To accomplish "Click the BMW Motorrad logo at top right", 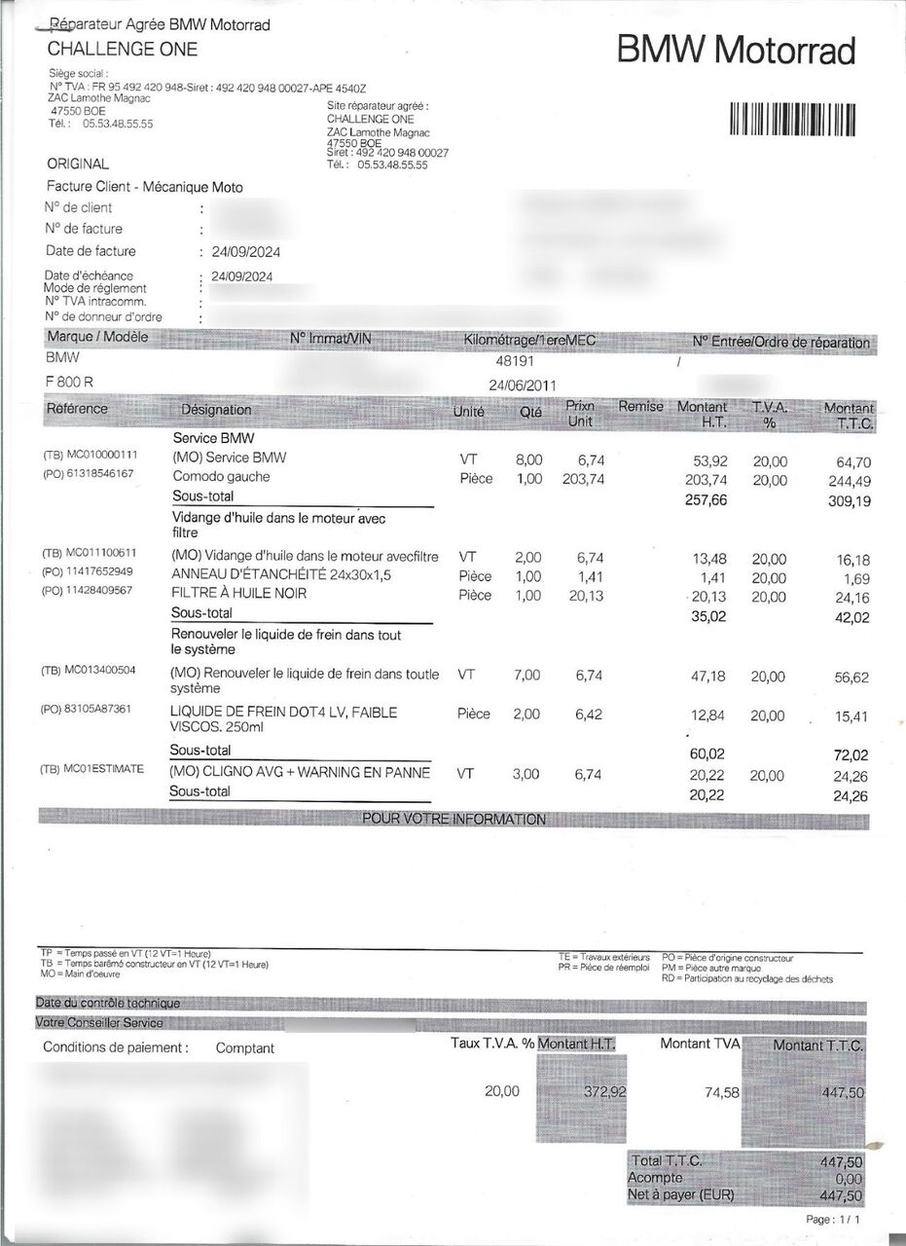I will coord(737,51).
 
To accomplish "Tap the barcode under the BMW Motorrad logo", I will coord(793,119).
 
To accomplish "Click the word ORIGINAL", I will coord(78,165).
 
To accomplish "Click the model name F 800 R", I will coord(70,382).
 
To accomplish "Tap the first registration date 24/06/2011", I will coord(524,385).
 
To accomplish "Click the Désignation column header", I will coord(216,410).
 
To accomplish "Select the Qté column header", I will coord(531,412).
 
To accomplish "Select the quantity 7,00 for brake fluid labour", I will coord(526,675).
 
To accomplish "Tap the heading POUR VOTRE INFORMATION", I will coord(454,820).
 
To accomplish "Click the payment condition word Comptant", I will coord(244,1048).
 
